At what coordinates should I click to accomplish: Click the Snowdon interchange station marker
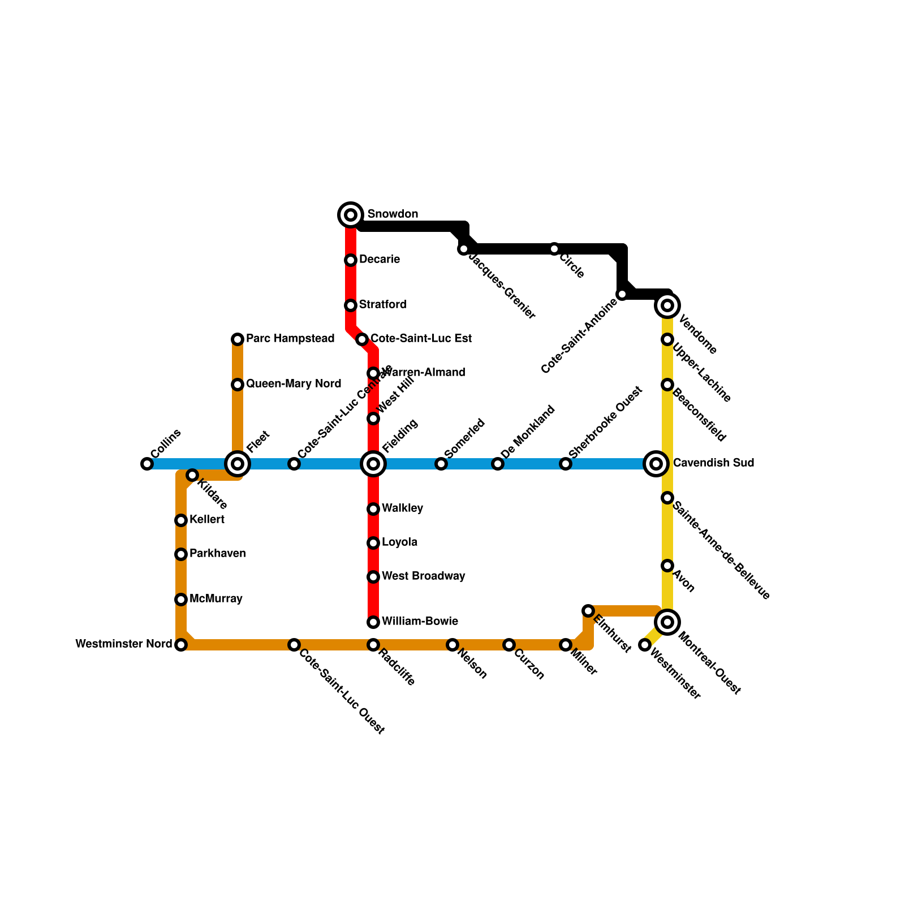[351, 215]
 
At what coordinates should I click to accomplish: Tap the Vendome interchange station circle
[667, 305]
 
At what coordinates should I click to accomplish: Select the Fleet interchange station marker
[238, 464]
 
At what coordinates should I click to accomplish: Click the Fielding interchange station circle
[373, 464]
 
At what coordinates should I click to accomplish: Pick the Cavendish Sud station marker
[656, 464]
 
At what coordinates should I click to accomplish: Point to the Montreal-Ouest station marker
[667, 622]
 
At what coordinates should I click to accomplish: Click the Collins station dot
[147, 464]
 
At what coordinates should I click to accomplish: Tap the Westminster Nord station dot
[181, 645]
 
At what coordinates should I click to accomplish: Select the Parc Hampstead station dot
[238, 339]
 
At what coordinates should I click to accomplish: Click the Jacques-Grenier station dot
[464, 249]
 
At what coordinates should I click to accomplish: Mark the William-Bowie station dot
[373, 622]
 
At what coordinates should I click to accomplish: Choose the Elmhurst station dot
[588, 611]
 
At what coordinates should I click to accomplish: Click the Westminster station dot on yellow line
[645, 645]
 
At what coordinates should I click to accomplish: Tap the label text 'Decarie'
[380, 260]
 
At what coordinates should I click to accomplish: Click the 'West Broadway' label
[423, 576]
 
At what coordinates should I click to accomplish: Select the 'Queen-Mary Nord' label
[294, 384]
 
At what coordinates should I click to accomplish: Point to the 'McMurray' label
[216, 599]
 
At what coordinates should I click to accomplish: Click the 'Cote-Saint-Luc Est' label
[421, 339]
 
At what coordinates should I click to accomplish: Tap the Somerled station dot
[441, 464]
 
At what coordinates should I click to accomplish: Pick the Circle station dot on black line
[554, 249]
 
